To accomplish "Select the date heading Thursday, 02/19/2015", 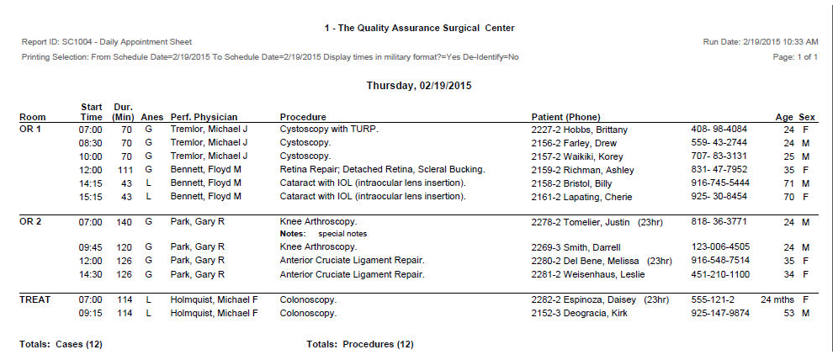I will [x=418, y=85].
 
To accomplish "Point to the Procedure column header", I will [x=303, y=117].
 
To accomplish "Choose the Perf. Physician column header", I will [x=204, y=117].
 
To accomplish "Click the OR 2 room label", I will [x=31, y=222].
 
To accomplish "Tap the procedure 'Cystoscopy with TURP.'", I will [x=329, y=130].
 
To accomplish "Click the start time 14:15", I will [x=91, y=183].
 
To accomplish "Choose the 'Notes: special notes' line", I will [x=324, y=233].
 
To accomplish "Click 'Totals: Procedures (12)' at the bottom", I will [x=360, y=344].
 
